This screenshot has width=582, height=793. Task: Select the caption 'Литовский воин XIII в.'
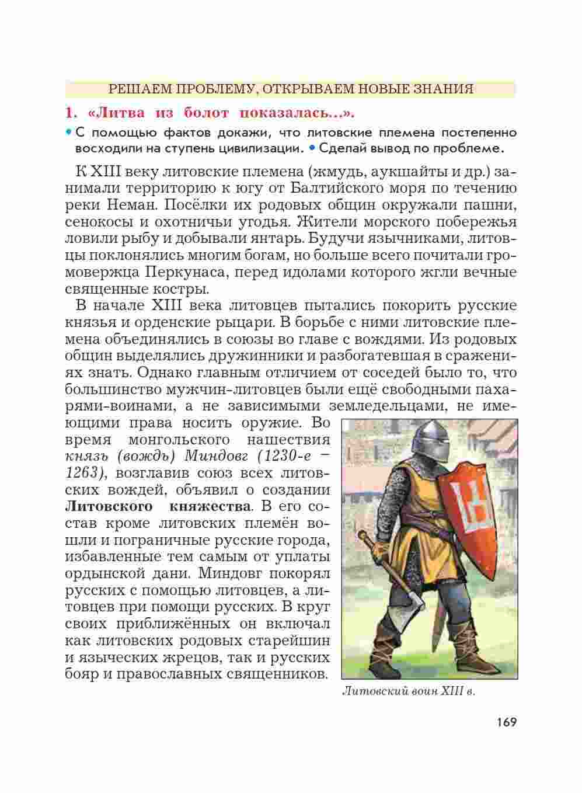[x=408, y=692]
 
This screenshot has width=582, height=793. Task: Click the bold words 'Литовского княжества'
[x=158, y=506]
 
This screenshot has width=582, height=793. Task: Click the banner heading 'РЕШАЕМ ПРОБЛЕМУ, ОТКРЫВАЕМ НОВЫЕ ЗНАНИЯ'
[x=291, y=89]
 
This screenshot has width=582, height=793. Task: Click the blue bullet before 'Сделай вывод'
[x=312, y=147]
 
